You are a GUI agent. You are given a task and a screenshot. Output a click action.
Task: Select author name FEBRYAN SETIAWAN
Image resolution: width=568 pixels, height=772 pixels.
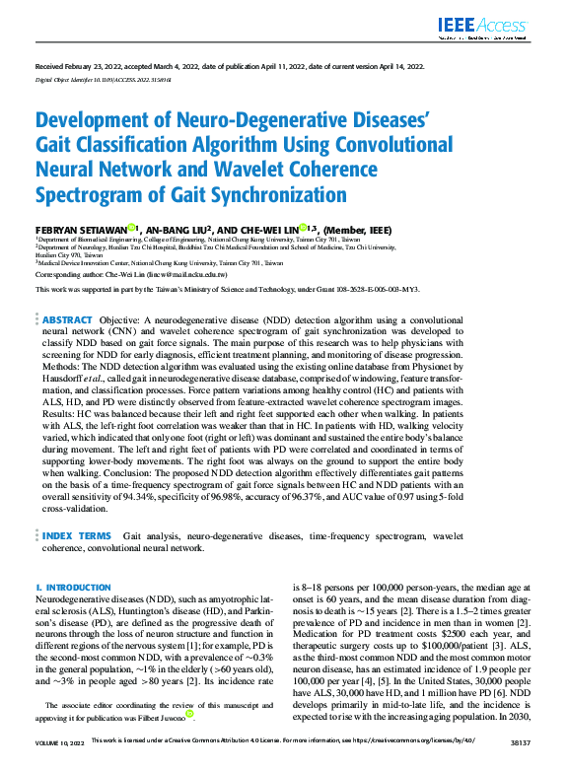point(80,228)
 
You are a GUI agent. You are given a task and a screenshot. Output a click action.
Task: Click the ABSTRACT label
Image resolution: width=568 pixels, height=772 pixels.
point(67,320)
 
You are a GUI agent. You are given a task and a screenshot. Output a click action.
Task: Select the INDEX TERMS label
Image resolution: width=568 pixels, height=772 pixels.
point(77,535)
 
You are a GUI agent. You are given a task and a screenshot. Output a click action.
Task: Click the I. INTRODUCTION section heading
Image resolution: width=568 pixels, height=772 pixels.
point(73,587)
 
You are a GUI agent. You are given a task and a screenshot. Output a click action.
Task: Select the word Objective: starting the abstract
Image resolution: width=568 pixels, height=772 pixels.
point(122,320)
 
